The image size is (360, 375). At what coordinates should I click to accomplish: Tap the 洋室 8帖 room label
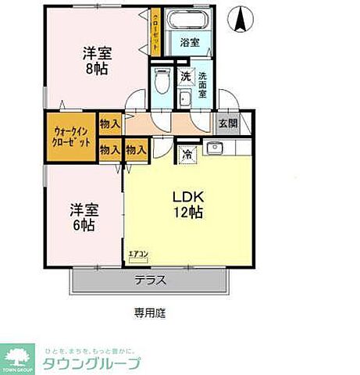[98, 61]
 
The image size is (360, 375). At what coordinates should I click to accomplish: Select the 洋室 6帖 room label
[83, 217]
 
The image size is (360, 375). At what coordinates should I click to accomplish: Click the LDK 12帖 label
[187, 203]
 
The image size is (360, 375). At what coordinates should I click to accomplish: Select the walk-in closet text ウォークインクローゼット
[71, 137]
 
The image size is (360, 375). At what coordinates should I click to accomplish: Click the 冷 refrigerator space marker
[187, 154]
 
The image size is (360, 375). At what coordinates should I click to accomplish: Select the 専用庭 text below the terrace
[148, 313]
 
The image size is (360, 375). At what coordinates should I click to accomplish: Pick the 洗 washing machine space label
[185, 77]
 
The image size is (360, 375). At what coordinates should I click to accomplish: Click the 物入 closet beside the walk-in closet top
[110, 123]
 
